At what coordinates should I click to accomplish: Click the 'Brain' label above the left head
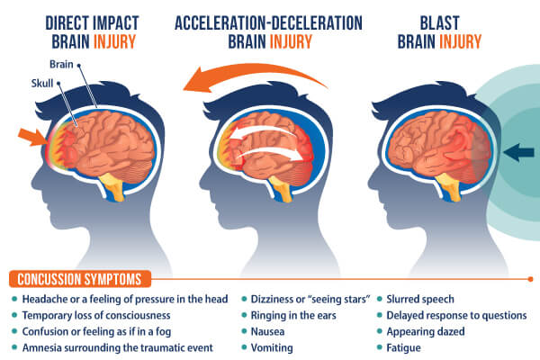(61, 64)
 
